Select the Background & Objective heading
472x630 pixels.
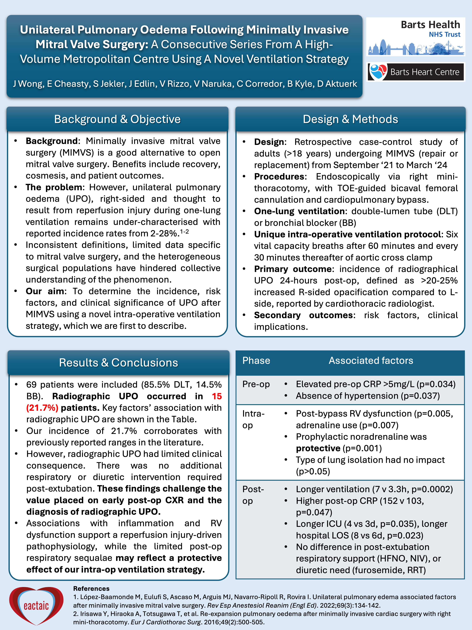coord(117,119)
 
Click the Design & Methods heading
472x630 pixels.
coord(350,119)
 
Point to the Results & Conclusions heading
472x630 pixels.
coord(118,363)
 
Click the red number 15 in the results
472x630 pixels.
coord(217,396)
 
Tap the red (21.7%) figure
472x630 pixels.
coord(42,408)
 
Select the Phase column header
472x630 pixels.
coord(256,361)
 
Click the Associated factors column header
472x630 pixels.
coord(371,361)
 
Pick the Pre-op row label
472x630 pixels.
coord(256,384)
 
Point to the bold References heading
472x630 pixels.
coord(91,588)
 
